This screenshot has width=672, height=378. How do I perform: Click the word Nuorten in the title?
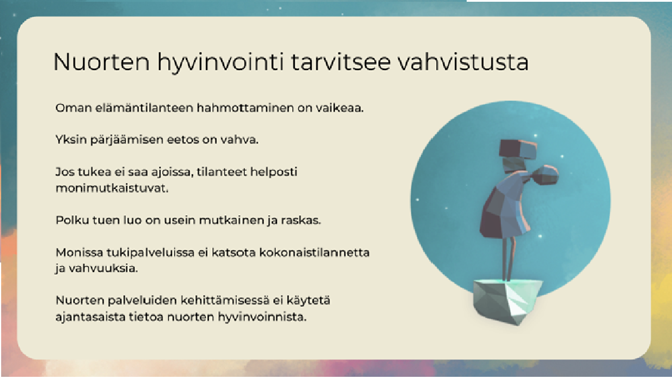[101, 62]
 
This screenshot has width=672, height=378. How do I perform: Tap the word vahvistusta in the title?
[463, 62]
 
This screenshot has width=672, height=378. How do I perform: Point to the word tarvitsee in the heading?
[341, 62]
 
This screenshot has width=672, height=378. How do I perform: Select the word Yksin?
[71, 140]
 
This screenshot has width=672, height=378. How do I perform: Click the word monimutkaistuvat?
[112, 188]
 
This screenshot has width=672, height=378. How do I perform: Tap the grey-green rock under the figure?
[508, 301]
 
